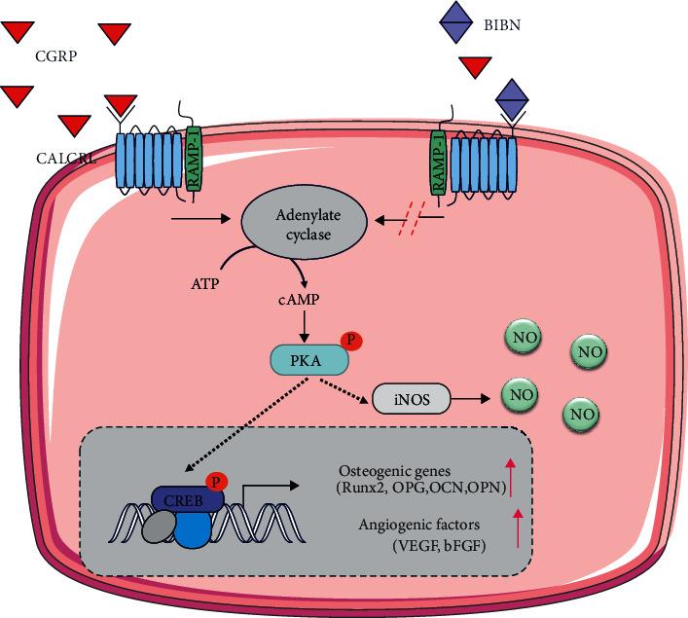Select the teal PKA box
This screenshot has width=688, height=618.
(308, 361)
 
